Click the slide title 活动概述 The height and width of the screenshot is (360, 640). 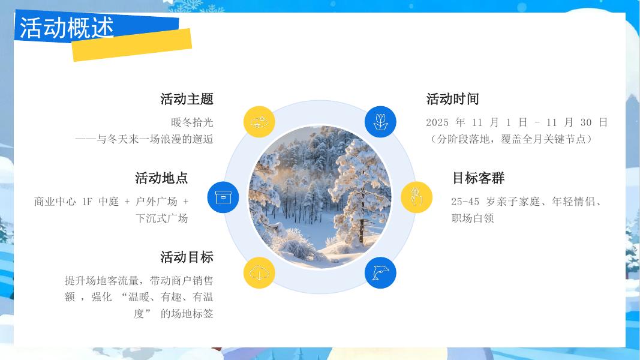click(x=67, y=28)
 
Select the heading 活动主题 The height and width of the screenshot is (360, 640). click(x=187, y=99)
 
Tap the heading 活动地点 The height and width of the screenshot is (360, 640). click(x=161, y=178)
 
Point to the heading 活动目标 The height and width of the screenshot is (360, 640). click(x=187, y=257)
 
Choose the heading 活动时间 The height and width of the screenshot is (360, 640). click(x=452, y=99)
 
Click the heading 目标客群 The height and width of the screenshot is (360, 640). click(x=478, y=178)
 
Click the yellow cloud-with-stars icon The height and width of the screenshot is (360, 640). click(x=259, y=122)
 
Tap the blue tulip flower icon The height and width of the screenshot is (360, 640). click(x=380, y=122)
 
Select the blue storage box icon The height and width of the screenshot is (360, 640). click(x=223, y=197)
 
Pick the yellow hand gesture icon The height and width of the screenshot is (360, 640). click(x=416, y=197)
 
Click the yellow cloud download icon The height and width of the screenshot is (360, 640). click(x=259, y=273)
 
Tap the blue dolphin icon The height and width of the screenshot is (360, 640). click(x=380, y=273)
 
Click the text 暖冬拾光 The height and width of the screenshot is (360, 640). click(x=192, y=122)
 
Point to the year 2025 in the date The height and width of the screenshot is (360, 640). click(x=437, y=122)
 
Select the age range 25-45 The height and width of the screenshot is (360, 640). click(x=465, y=202)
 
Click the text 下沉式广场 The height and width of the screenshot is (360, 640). click(x=162, y=218)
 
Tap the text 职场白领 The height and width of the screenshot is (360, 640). click(x=473, y=218)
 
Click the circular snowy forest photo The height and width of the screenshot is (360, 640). click(x=320, y=197)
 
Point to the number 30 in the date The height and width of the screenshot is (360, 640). click(x=586, y=122)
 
